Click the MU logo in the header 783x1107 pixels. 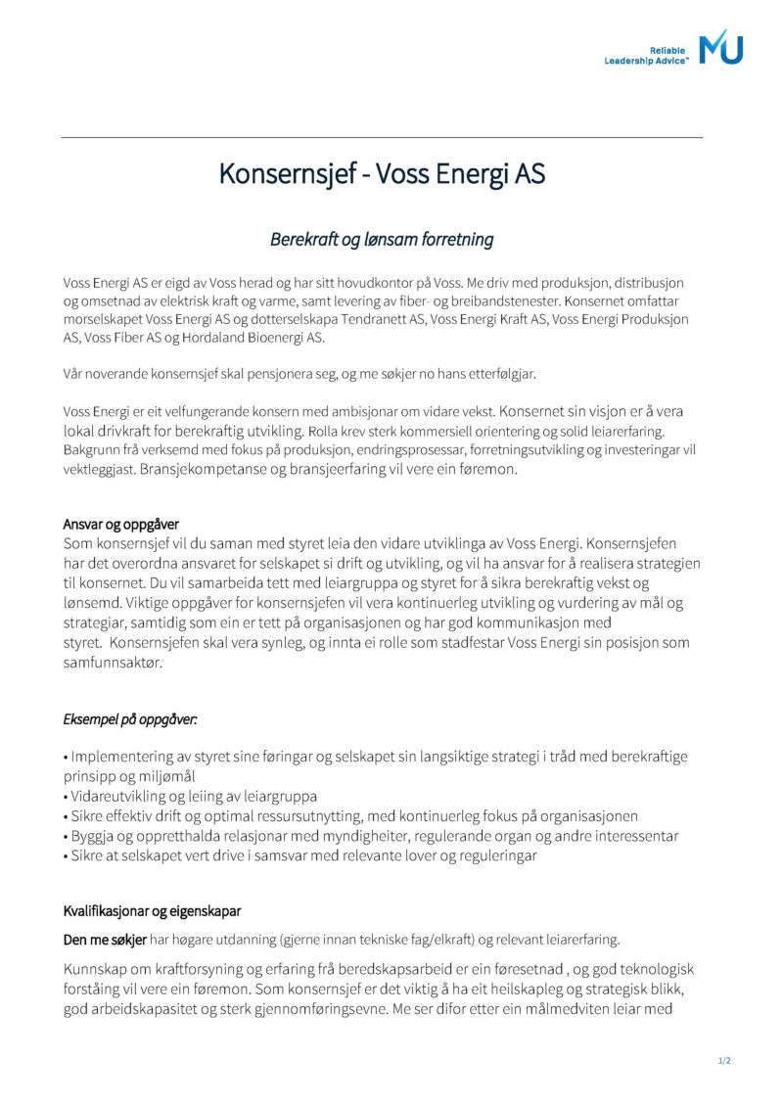pyautogui.click(x=720, y=46)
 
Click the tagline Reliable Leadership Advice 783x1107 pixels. pyautogui.click(x=647, y=55)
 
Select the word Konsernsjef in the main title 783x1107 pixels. pyautogui.click(x=279, y=174)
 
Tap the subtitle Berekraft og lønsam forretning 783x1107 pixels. pyautogui.click(x=382, y=239)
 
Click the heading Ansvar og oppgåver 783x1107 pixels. pyautogui.click(x=121, y=524)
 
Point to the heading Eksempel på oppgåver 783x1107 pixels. pyautogui.click(x=130, y=719)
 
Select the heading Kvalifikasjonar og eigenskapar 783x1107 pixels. pyautogui.click(x=152, y=911)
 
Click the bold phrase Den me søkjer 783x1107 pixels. pyautogui.click(x=105, y=940)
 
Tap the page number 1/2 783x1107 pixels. pyautogui.click(x=724, y=1061)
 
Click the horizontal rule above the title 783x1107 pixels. pyautogui.click(x=382, y=137)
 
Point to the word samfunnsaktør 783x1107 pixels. pyautogui.click(x=112, y=663)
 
